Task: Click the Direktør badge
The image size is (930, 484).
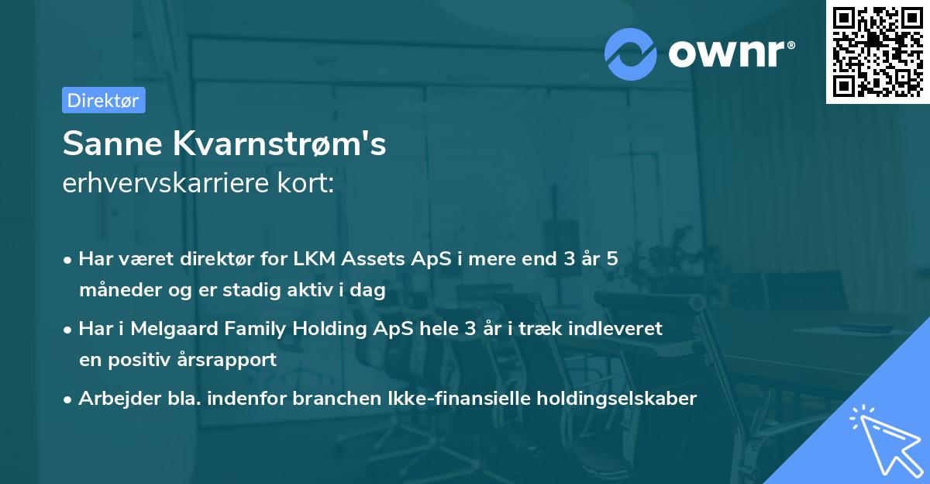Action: (103, 100)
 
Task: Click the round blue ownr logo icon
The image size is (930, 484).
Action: (631, 54)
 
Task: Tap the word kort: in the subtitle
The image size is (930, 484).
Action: (310, 185)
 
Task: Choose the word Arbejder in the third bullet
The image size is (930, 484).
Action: (115, 399)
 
